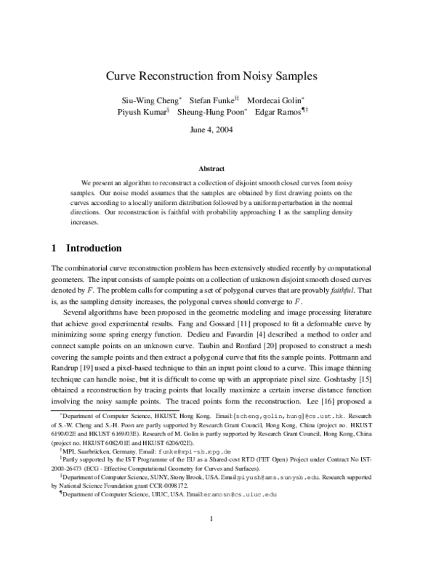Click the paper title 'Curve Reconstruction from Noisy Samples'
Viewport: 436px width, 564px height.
[x=217, y=76]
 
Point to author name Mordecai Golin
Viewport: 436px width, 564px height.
[x=273, y=100]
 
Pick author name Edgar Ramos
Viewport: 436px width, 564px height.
[x=277, y=113]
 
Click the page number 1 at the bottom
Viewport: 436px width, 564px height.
[x=210, y=538]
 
